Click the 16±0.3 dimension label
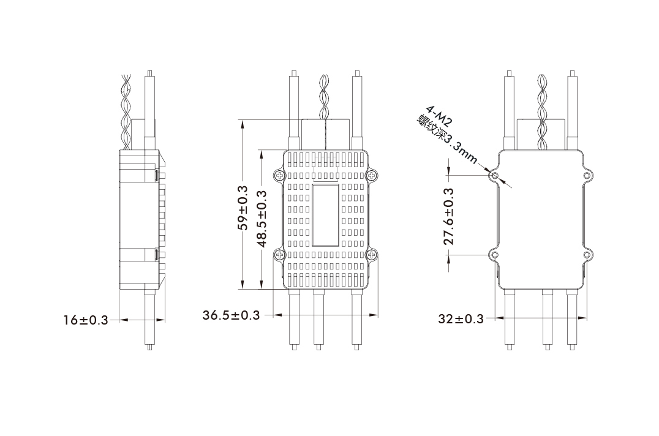[86, 320]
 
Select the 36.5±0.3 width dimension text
[231, 315]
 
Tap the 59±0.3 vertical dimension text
[243, 208]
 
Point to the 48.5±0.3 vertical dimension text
[262, 219]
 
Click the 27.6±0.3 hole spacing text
[449, 217]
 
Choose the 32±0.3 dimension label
[461, 319]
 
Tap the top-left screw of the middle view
[279, 175]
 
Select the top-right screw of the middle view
[372, 175]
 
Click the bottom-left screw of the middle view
[279, 254]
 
